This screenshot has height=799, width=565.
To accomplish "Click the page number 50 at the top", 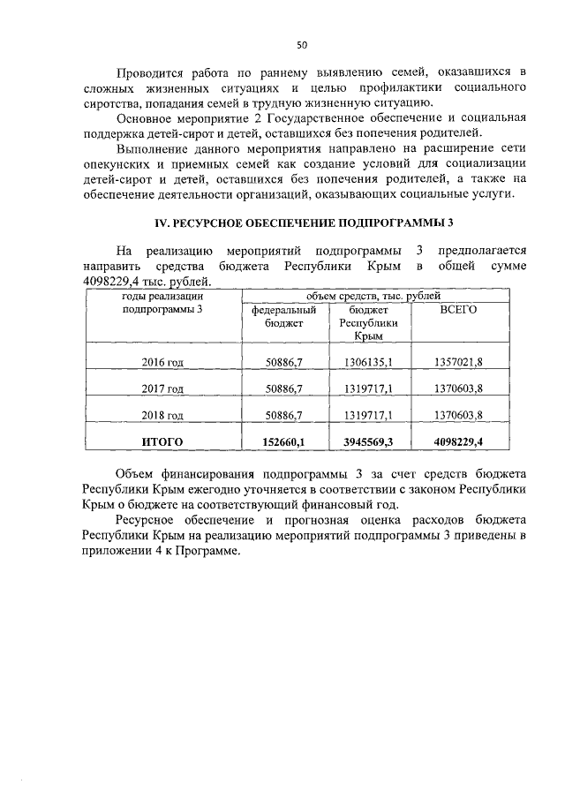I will coord(301,44).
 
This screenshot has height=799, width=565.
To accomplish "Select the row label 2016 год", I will coord(162,361).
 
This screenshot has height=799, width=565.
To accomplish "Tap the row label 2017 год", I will coord(162,388).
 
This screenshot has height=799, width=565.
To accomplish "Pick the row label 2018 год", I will coord(162,415).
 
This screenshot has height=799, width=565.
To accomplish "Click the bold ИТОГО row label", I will coord(162,441).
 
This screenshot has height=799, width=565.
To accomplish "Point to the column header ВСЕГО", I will coord(458,311).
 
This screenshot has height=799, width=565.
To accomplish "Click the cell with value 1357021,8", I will coord(458,361).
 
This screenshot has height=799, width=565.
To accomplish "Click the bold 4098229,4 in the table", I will coord(458,441).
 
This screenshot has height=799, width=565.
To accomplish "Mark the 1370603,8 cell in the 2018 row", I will coord(458,415).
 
